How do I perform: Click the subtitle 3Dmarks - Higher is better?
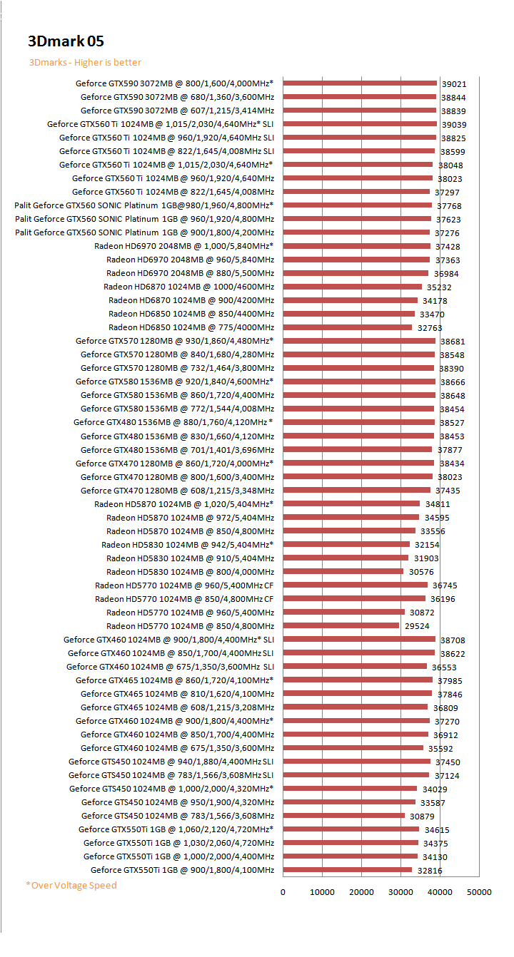[x=85, y=63]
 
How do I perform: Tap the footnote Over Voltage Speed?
[x=71, y=885]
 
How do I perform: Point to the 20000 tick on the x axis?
[x=361, y=892]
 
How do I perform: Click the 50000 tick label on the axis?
[x=479, y=892]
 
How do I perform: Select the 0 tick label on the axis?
[x=283, y=892]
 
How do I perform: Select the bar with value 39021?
[x=360, y=83]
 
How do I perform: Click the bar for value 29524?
[x=341, y=625]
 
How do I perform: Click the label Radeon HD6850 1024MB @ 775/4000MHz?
[x=191, y=327]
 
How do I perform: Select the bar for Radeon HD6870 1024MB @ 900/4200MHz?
[x=350, y=300]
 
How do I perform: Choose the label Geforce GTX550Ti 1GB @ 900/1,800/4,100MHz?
[x=182, y=870]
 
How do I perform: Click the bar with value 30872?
[x=343, y=612]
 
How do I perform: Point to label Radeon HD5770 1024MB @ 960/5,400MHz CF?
[x=184, y=585]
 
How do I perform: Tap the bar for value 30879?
[x=343, y=816]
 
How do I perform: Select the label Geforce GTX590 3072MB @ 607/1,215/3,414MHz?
[x=177, y=111]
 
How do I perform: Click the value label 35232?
[x=439, y=287]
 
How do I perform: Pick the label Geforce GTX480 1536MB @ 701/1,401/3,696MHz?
[x=177, y=450]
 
